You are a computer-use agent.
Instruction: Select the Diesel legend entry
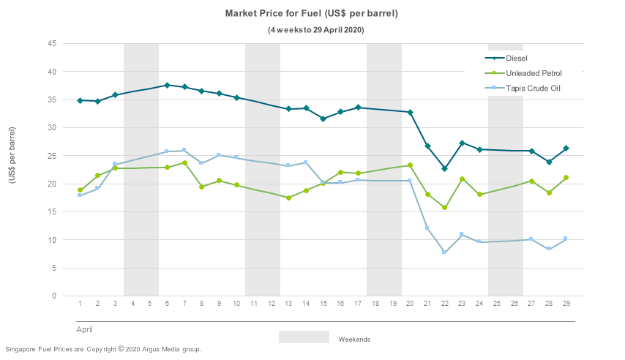coord(517,58)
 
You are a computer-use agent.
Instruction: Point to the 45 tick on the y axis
coord(52,44)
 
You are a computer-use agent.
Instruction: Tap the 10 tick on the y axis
coord(52,240)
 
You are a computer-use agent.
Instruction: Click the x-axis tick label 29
coord(566,303)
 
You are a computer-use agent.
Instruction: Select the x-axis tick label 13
coord(288,303)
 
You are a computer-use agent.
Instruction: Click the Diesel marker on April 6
coord(167,86)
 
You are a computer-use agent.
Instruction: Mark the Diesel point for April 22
coord(445,168)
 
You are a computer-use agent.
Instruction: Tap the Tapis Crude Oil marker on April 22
coord(445,252)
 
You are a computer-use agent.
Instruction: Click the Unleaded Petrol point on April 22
coord(445,208)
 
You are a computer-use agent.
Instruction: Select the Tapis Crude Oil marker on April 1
coord(80,195)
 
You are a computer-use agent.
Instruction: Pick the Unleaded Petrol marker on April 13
coord(288,198)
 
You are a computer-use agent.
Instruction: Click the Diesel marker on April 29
coord(566,149)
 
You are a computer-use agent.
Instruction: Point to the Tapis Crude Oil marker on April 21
coord(427,228)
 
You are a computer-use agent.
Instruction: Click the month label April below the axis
coord(85,330)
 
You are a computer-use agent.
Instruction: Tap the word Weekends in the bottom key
coord(354,340)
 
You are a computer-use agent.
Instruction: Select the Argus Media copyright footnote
coord(103,349)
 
